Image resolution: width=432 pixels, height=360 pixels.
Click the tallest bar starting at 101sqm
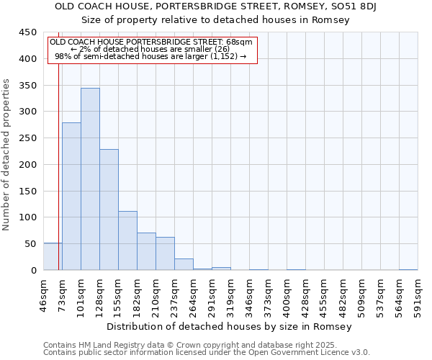(90, 179)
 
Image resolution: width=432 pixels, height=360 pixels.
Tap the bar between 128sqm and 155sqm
(109, 210)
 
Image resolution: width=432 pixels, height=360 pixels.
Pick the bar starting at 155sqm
(127, 240)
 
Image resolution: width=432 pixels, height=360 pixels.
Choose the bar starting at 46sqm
(53, 256)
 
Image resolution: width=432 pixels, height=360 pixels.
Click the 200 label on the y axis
(27, 165)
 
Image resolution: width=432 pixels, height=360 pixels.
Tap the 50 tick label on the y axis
(30, 244)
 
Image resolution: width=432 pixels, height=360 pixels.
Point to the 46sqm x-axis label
(43, 294)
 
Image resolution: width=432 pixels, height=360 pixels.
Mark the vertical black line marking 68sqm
(58, 166)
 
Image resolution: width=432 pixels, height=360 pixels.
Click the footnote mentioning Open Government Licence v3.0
(207, 352)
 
